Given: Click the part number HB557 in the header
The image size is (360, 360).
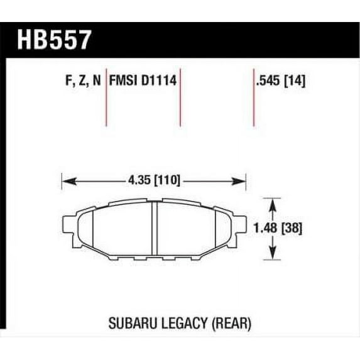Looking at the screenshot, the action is (x=54, y=40).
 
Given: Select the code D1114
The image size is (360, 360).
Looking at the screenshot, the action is (x=159, y=80).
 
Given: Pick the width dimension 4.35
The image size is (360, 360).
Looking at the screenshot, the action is (x=139, y=180).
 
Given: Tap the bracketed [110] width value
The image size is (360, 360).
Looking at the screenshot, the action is (x=167, y=180).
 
